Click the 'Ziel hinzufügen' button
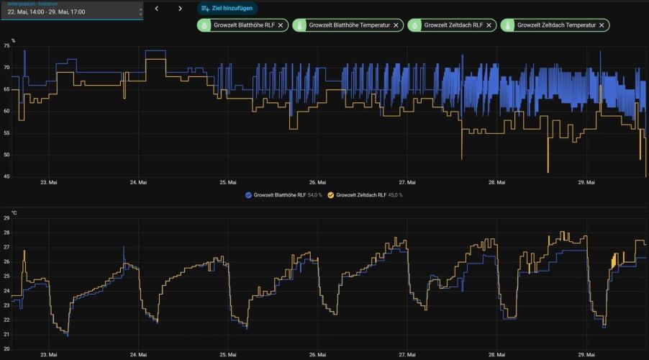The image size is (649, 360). (227, 9)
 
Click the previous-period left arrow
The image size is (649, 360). (156, 9)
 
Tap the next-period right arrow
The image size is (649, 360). (180, 9)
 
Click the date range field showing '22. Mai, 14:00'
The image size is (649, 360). (72, 12)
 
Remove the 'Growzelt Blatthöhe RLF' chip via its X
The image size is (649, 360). (281, 25)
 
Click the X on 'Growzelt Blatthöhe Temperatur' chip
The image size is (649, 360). (396, 25)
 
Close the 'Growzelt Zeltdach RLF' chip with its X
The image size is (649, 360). (489, 25)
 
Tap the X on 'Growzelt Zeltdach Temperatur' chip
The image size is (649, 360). (602, 25)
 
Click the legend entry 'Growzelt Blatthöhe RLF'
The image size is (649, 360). (283, 195)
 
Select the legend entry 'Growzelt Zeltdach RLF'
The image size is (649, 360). (365, 195)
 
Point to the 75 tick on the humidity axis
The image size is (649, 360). (6, 46)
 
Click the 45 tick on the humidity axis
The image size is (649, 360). (6, 176)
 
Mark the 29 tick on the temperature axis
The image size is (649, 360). (6, 218)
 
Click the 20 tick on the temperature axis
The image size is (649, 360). (6, 348)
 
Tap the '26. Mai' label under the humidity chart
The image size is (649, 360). (317, 182)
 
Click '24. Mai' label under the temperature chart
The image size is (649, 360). (138, 355)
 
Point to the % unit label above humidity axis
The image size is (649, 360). (13, 40)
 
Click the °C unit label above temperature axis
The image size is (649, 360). (14, 213)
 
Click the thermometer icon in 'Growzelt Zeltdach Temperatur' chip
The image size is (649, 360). (508, 25)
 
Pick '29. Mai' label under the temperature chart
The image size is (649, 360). (586, 355)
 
